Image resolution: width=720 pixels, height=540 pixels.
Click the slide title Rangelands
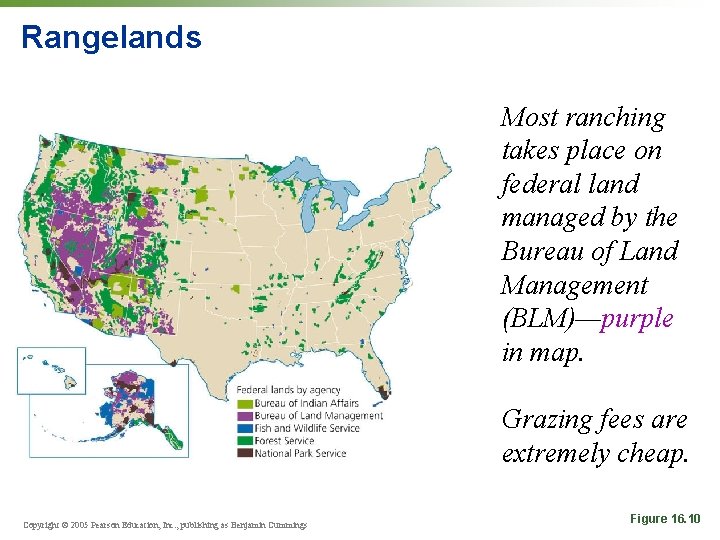point(111,38)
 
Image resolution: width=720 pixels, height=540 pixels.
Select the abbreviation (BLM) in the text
point(547,319)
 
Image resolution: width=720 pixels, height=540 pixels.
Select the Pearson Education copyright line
point(165,524)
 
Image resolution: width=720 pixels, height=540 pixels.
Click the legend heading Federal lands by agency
point(288,390)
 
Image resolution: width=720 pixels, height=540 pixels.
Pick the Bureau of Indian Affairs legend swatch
point(244,403)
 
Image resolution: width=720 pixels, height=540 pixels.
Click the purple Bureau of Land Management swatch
point(244,415)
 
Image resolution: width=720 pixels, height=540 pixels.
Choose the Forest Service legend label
point(284,440)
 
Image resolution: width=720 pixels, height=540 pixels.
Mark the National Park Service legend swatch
point(244,453)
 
